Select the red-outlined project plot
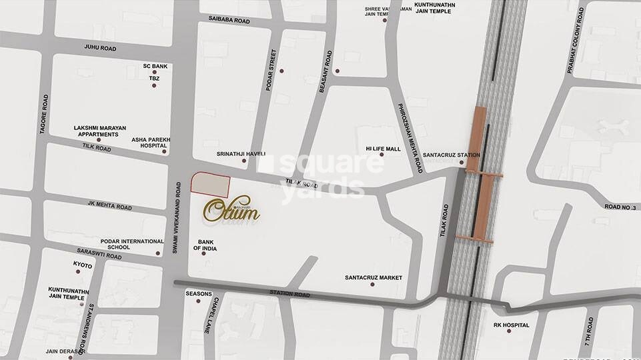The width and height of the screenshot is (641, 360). [x=210, y=183]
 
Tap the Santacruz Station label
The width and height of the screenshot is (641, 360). [x=456, y=155]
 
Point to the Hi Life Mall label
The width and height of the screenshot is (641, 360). [x=383, y=149]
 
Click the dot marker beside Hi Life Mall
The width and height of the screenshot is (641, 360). [x=382, y=155]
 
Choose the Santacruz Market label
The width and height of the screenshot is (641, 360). [x=373, y=277]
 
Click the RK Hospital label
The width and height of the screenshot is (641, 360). [x=511, y=325]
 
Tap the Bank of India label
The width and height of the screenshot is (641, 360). [x=205, y=245]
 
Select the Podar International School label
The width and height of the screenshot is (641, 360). [x=132, y=244]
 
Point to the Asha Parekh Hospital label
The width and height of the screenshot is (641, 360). [x=151, y=142]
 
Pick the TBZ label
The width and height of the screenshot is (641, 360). [x=154, y=78]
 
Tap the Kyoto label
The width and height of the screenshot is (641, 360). [x=83, y=265]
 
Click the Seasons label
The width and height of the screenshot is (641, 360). [x=199, y=294]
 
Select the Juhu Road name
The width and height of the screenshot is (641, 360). [x=100, y=48]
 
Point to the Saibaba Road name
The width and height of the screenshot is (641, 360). [x=224, y=21]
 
